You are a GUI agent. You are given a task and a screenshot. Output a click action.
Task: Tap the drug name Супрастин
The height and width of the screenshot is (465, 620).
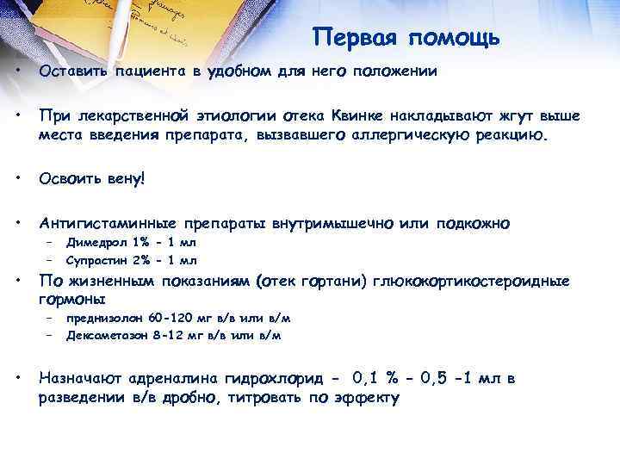92,259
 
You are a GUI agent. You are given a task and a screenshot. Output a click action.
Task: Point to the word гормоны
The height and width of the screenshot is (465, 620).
72,300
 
